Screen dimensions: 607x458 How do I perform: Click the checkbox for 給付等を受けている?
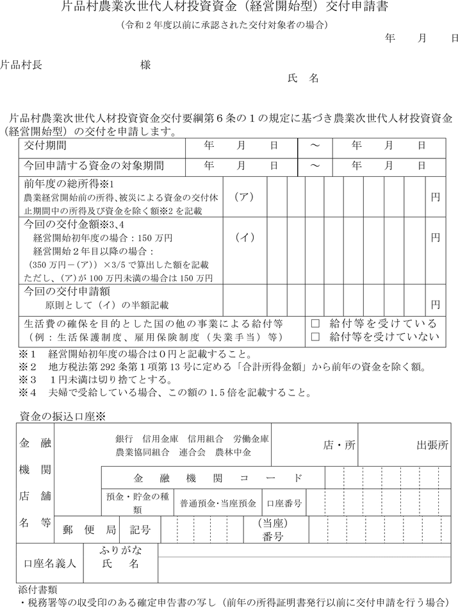click(315, 323)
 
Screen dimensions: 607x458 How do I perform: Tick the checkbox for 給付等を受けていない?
click(315, 336)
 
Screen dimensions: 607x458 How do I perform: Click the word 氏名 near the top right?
click(304, 78)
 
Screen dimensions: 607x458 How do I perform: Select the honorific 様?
click(145, 64)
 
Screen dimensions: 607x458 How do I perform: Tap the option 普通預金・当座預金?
click(218, 503)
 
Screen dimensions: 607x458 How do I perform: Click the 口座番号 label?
click(284, 503)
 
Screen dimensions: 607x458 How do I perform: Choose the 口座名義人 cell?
click(50, 563)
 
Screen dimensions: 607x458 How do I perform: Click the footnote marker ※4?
click(30, 392)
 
